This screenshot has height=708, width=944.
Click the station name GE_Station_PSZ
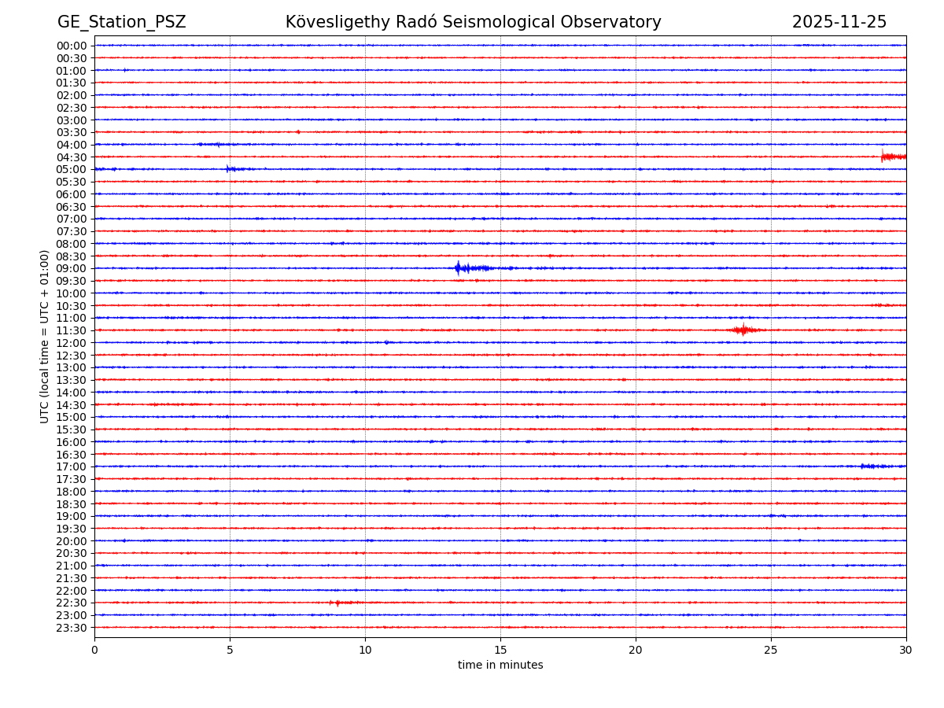point(121,22)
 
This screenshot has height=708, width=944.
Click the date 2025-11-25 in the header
point(839,22)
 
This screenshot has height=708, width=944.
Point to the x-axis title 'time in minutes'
point(500,665)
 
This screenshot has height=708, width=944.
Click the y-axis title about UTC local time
point(45,336)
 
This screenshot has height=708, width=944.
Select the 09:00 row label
point(71,268)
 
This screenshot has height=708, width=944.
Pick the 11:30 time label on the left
point(71,330)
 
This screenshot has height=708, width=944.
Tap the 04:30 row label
point(71,157)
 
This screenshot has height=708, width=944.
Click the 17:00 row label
point(71,466)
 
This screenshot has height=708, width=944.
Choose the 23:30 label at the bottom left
point(71,628)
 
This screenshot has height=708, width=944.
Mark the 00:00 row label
point(71,46)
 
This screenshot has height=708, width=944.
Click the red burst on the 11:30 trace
point(743,330)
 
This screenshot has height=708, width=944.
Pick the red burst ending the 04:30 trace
point(893,157)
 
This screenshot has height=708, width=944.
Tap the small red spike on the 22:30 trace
point(337,603)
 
